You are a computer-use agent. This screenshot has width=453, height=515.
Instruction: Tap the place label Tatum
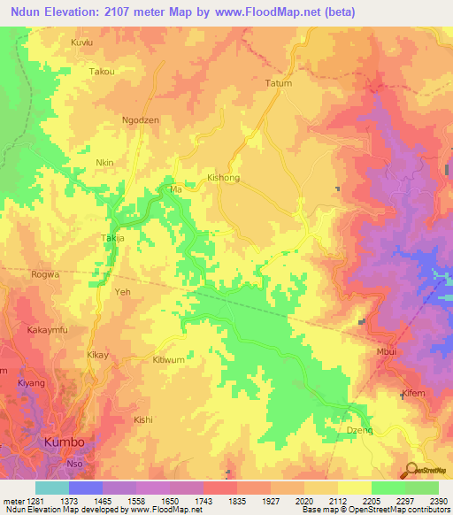279,83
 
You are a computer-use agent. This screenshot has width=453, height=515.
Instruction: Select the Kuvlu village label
81,42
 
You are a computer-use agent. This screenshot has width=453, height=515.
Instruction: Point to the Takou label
102,72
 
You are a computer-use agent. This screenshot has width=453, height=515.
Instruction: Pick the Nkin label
105,164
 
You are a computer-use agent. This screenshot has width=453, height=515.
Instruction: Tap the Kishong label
223,178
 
